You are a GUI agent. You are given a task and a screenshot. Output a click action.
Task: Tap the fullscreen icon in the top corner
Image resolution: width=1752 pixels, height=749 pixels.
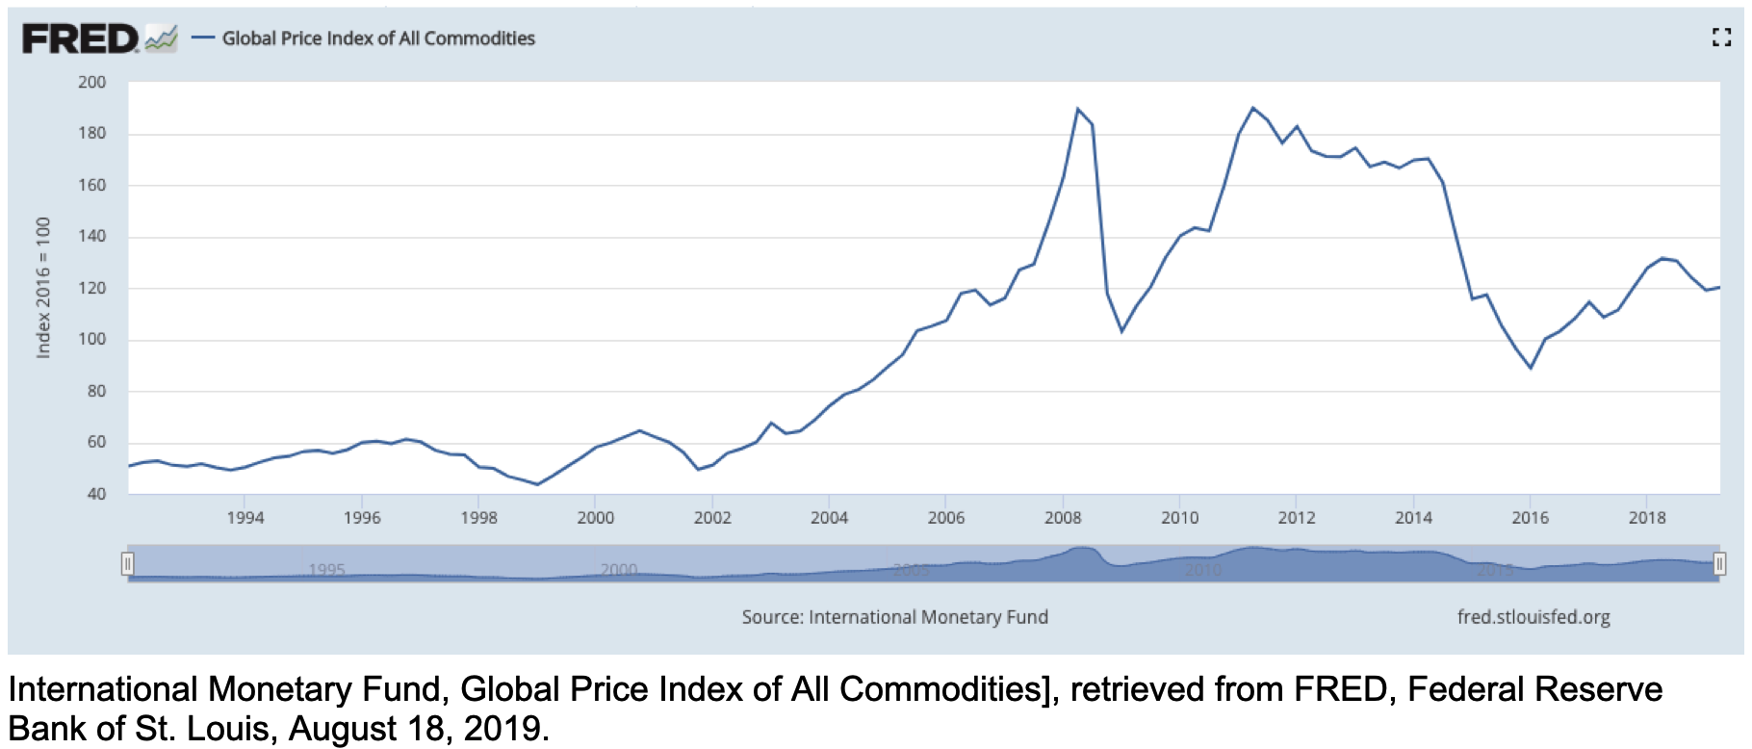[x=1721, y=38]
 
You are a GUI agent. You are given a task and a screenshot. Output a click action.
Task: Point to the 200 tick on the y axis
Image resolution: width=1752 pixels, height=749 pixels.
[x=92, y=83]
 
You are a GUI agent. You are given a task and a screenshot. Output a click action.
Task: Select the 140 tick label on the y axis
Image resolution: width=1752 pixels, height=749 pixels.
[x=92, y=236]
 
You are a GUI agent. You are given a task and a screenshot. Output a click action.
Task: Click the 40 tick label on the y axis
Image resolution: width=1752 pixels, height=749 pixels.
[x=96, y=494]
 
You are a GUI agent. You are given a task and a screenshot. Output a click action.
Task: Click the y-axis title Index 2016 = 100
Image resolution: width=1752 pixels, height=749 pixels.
[x=43, y=288]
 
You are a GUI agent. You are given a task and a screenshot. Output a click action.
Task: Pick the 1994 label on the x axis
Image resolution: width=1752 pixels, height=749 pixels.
[x=245, y=518]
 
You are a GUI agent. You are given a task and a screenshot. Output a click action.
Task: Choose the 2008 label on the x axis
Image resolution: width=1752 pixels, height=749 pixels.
[x=1063, y=518]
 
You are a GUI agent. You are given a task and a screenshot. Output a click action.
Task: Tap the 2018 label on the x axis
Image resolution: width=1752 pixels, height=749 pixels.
[x=1647, y=518]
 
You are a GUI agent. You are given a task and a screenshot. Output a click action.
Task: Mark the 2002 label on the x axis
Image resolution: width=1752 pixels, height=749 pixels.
[x=712, y=518]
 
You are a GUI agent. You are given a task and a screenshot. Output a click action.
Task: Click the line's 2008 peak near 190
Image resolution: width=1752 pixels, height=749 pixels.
[x=1077, y=109]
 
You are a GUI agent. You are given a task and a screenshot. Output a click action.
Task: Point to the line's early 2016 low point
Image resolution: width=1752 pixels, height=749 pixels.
[x=1531, y=368]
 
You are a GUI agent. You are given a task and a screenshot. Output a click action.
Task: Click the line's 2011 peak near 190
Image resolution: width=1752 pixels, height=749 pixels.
[x=1252, y=108]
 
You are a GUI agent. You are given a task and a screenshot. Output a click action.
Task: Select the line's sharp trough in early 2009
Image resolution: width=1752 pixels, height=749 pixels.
[x=1121, y=331]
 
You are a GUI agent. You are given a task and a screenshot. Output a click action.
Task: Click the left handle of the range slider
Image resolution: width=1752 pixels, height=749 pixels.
[x=127, y=564]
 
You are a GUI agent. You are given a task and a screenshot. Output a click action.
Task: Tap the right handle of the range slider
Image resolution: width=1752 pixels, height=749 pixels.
[x=1719, y=564]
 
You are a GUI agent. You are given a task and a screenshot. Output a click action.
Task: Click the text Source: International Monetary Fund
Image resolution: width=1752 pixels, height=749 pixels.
[x=894, y=617]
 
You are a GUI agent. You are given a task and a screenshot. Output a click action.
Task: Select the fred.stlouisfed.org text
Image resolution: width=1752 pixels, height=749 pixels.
[x=1533, y=617]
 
